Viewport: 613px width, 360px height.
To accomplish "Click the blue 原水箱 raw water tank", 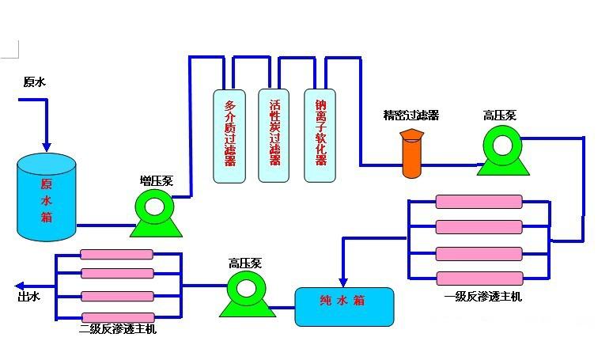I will tap(47, 198).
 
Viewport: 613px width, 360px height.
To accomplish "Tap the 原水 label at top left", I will tap(34, 81).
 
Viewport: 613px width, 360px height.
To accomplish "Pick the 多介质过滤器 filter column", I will tap(230, 135).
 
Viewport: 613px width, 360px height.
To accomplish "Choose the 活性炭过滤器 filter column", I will tap(274, 135).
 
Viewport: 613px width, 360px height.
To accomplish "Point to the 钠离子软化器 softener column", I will tap(320, 135).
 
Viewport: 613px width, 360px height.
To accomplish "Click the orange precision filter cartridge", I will tap(412, 154).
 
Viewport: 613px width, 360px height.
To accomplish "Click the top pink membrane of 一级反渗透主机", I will tap(479, 202).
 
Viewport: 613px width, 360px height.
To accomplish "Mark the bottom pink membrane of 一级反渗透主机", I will tap(479, 278).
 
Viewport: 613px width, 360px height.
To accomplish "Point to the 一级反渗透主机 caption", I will tap(482, 297).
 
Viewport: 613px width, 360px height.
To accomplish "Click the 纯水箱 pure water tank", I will tap(344, 306).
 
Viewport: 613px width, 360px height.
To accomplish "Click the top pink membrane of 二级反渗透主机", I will tap(118, 256).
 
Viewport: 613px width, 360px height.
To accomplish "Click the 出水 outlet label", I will tap(28, 297).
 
